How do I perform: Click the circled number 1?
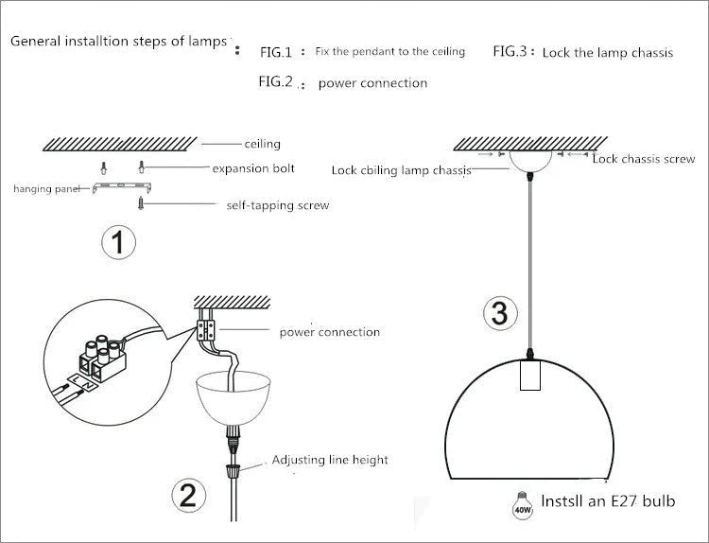pos(116,243)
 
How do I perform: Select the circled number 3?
pos(500,313)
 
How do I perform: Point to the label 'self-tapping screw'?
pos(278,205)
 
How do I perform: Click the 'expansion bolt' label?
pos(253,168)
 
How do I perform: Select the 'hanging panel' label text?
pos(46,189)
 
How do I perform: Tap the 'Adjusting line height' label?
pos(330,460)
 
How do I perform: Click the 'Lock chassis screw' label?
pos(644,159)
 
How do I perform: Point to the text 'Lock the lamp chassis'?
pos(608,53)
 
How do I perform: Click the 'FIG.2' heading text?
pos(277,81)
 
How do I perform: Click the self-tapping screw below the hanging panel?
pos(143,202)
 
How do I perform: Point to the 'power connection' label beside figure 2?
pos(329,332)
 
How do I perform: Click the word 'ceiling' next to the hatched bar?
pos(263,144)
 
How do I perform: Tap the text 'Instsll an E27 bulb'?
pos(608,501)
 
